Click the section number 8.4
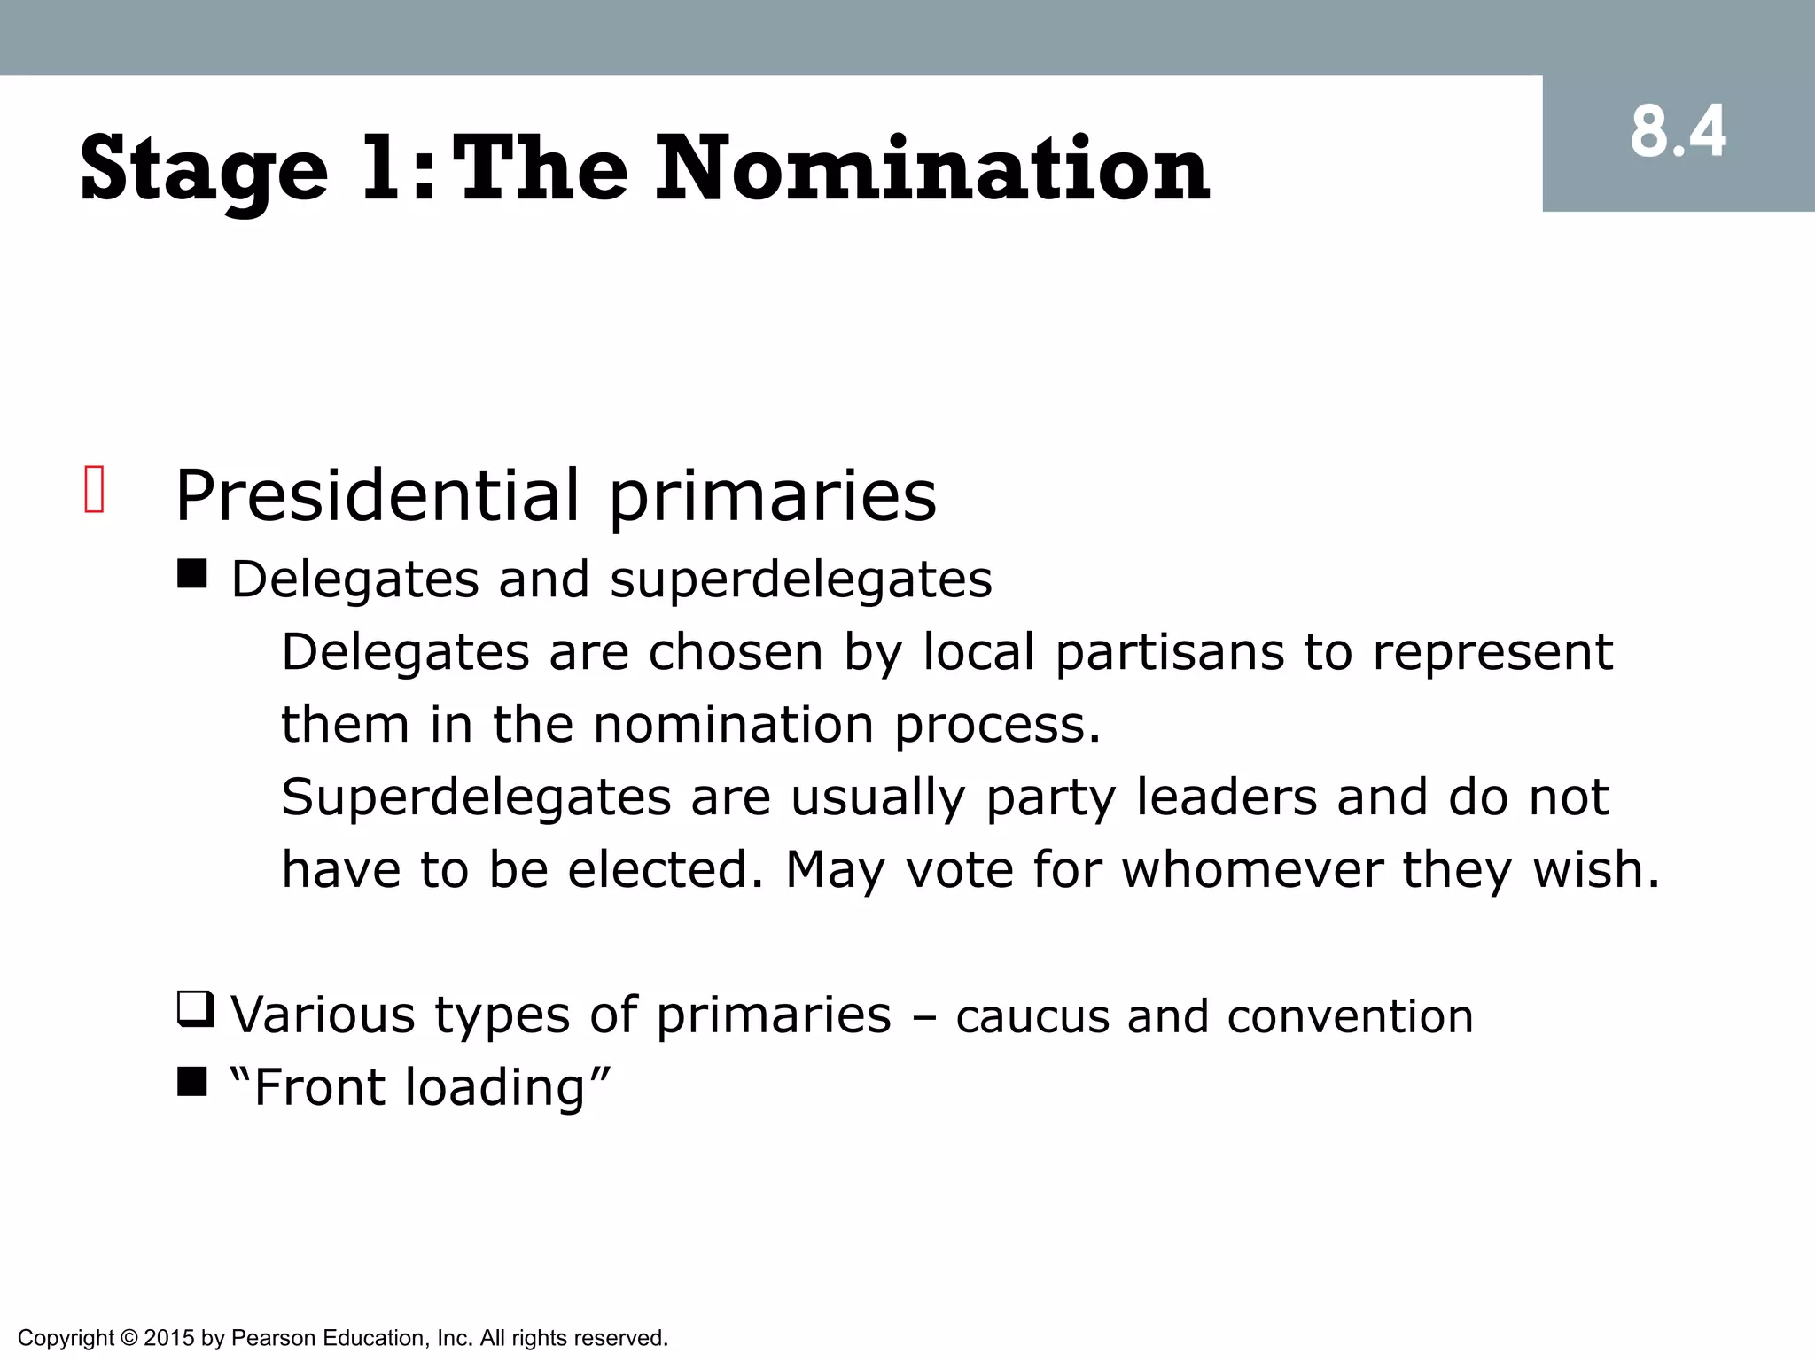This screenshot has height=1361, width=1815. [1678, 133]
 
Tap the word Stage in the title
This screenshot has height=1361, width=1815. [204, 170]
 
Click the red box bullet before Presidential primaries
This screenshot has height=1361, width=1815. [94, 489]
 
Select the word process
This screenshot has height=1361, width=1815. [997, 727]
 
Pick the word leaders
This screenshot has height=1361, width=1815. [1227, 797]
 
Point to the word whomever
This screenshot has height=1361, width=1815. [1251, 870]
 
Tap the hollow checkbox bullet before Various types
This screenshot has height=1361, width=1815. [194, 1009]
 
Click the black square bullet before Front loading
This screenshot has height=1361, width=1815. [191, 1081]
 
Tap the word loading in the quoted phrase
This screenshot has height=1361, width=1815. [495, 1088]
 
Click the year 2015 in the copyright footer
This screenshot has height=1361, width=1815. [169, 1337]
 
